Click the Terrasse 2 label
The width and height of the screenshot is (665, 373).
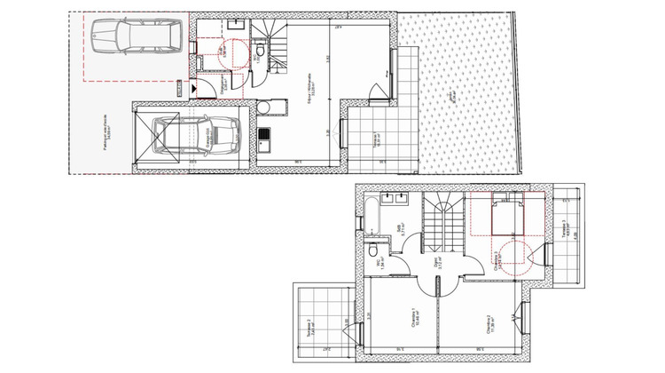(309, 328)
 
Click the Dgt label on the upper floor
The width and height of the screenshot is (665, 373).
(435, 264)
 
